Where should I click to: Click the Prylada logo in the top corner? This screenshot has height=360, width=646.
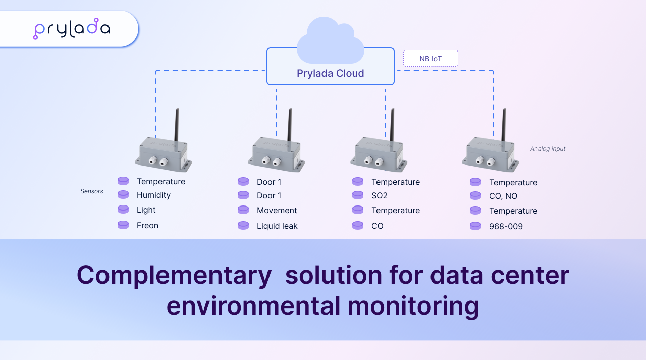pos(71,29)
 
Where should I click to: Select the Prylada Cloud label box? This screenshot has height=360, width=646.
pos(330,73)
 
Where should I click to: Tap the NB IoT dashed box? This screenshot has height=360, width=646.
pos(430,59)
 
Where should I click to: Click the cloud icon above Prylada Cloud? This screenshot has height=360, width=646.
pos(330,38)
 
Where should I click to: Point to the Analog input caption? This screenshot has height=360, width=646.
pos(548,149)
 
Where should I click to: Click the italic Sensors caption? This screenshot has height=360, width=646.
pos(92,191)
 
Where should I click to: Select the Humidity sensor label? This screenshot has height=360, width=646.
pos(153,195)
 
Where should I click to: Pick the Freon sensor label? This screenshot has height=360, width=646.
pos(147,226)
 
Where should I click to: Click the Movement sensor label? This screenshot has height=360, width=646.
pos(277,211)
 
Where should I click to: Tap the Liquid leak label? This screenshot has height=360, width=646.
pos(277,226)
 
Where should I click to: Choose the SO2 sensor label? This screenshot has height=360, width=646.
pos(380,195)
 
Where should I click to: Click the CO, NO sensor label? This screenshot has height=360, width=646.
pos(503,196)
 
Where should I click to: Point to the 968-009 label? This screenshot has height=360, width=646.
pos(506,227)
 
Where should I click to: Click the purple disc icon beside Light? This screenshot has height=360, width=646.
pos(123,210)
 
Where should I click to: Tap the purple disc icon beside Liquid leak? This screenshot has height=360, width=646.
pos(243,226)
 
